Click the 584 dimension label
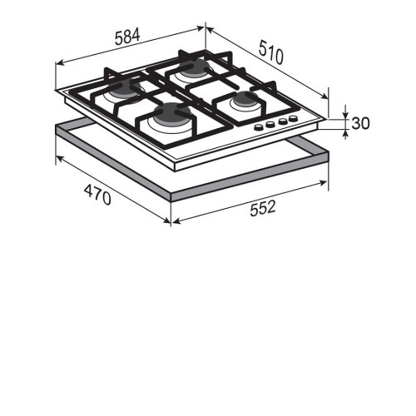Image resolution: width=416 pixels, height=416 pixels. (x=127, y=37)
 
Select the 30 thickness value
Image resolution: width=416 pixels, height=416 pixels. (x=360, y=123)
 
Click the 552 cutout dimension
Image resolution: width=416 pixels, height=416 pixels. (x=263, y=208)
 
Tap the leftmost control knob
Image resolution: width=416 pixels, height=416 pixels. (x=259, y=127)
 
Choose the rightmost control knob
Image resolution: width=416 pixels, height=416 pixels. (x=293, y=119)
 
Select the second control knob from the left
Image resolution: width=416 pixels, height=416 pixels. (x=270, y=125)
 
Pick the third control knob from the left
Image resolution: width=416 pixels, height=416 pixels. (x=283, y=121)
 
